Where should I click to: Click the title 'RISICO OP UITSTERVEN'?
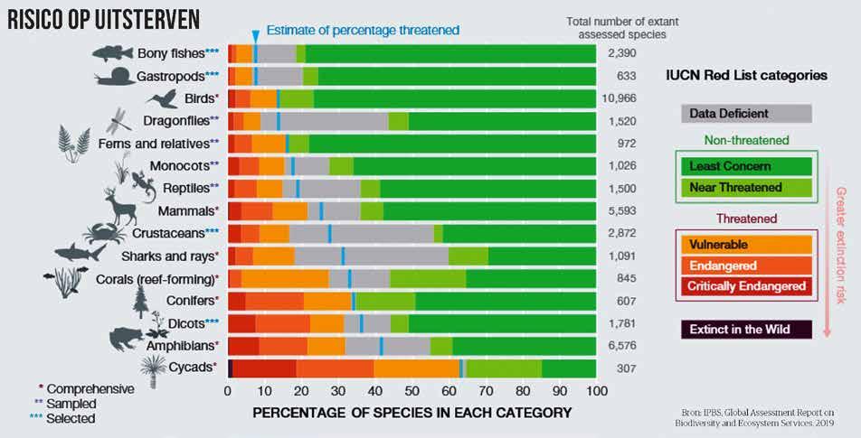103,19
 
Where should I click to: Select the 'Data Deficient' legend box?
745,114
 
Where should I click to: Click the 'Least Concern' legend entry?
745,166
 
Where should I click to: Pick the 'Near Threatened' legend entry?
745,188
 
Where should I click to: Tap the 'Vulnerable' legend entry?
745,244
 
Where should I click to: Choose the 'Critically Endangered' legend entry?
745,285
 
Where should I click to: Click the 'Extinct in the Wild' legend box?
745,329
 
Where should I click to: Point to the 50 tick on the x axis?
412,391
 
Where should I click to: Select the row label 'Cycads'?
189,368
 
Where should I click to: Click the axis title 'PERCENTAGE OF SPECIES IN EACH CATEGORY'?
412,413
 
